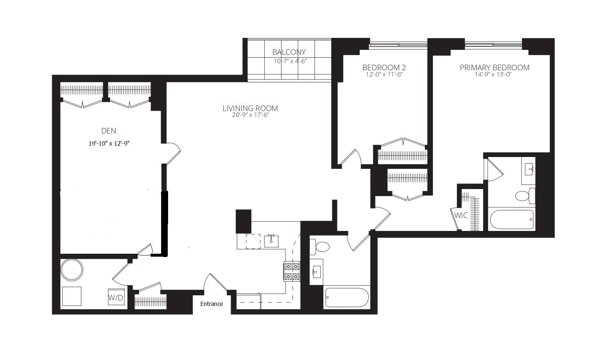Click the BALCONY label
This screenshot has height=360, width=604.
click(x=289, y=52)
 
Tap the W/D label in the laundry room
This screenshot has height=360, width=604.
click(x=116, y=297)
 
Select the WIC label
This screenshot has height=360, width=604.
click(x=461, y=215)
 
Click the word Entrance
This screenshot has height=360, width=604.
click(x=212, y=304)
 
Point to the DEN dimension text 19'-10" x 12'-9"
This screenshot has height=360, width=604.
click(x=109, y=144)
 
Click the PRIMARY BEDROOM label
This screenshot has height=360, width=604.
click(x=494, y=68)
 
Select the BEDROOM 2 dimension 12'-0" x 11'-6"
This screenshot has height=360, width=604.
click(x=384, y=75)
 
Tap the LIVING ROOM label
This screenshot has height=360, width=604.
click(x=250, y=108)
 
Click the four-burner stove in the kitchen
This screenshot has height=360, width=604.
click(x=292, y=271)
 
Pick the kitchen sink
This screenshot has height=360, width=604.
click(x=271, y=241)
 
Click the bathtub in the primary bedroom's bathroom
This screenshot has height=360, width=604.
click(x=512, y=220)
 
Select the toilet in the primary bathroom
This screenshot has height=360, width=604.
click(x=524, y=196)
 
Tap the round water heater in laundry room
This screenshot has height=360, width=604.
click(x=72, y=270)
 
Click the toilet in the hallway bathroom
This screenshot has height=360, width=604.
click(x=321, y=247)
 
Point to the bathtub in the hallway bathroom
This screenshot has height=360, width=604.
click(x=347, y=297)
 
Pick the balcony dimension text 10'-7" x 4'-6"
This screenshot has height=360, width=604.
click(x=290, y=61)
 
